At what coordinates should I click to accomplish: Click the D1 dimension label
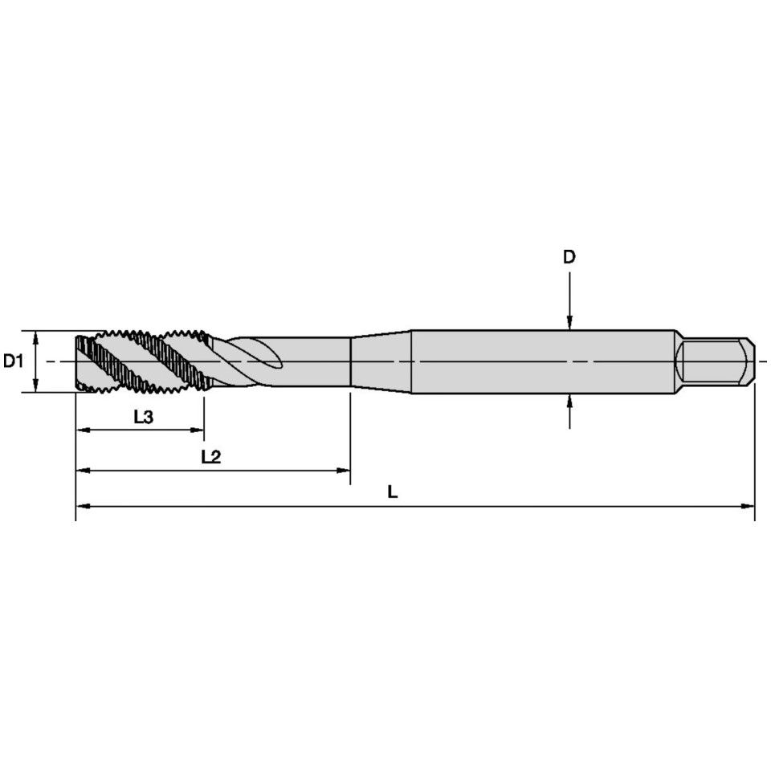click(x=14, y=361)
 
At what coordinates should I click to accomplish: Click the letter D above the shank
click(x=569, y=257)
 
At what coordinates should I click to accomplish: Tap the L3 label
click(x=144, y=417)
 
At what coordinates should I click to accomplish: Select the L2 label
click(x=211, y=457)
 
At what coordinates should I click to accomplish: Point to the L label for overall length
click(x=393, y=492)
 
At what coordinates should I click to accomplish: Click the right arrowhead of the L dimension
click(x=748, y=506)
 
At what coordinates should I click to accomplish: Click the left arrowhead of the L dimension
click(x=83, y=506)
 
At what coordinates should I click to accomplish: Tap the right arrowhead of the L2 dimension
click(x=343, y=471)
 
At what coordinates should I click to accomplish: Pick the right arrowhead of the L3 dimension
click(x=198, y=430)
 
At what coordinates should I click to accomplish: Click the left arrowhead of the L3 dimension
click(x=83, y=430)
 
